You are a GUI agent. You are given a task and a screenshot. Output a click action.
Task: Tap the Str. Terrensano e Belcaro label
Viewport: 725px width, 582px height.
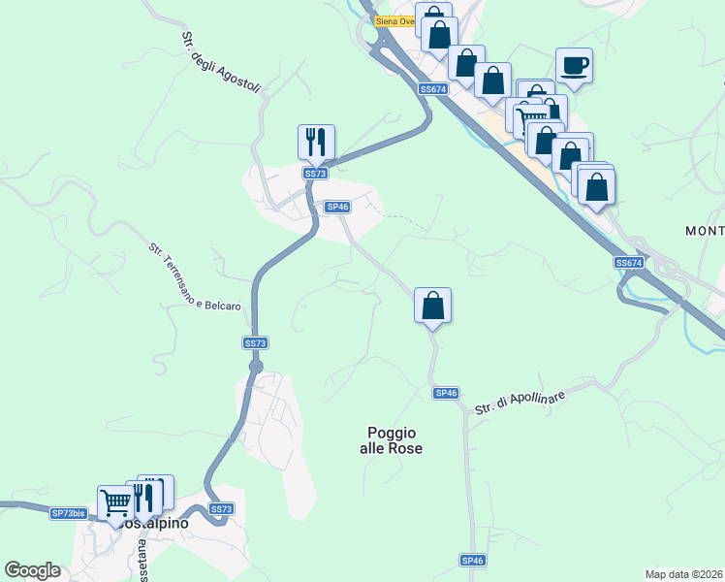(195, 276)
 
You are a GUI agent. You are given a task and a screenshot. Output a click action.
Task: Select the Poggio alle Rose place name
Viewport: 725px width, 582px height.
(394, 440)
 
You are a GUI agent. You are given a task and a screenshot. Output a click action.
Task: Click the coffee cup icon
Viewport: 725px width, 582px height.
(574, 66)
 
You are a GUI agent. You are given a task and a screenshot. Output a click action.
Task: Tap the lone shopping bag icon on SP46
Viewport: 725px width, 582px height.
(432, 306)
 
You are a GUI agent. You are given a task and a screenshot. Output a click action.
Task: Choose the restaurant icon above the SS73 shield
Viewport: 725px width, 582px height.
(316, 142)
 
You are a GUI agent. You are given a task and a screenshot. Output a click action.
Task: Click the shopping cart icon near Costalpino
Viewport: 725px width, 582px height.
(115, 501)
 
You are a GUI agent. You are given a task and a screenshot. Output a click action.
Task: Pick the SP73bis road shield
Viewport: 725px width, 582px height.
(69, 513)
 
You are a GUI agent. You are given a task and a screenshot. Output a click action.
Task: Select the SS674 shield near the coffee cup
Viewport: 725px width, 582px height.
(432, 88)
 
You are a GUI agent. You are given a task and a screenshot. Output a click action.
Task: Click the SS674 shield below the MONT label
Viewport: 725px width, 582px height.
(628, 263)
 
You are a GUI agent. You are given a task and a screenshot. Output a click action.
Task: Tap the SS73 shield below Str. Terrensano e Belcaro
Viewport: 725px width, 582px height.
(254, 343)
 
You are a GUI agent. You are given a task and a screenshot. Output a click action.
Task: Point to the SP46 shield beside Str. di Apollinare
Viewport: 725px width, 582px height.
(445, 393)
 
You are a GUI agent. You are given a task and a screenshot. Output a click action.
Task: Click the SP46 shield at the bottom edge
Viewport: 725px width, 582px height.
(472, 561)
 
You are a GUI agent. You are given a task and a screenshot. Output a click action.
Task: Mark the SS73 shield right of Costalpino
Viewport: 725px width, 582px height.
(221, 508)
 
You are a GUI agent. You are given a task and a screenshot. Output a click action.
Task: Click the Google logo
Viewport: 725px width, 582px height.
(32, 570)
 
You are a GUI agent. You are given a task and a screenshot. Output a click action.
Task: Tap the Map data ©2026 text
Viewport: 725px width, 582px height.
(683, 574)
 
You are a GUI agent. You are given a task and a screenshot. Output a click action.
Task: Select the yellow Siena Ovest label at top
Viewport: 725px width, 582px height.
(395, 20)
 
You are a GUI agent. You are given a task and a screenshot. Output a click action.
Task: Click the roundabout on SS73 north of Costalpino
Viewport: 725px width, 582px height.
(256, 367)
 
